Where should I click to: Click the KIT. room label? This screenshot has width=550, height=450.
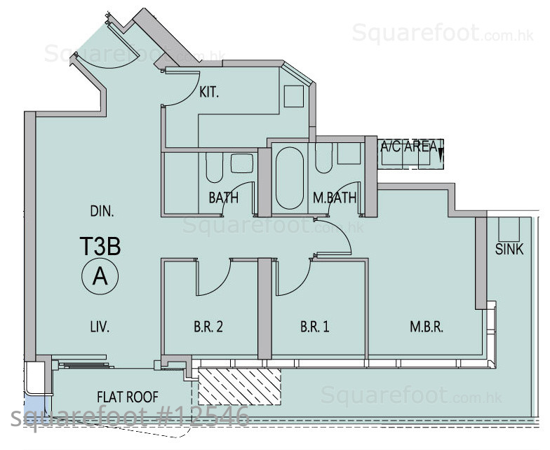click(x=209, y=93)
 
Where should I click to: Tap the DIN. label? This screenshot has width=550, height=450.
click(x=102, y=212)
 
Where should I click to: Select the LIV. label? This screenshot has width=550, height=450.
click(x=100, y=327)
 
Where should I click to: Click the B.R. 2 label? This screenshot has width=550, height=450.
click(x=208, y=327)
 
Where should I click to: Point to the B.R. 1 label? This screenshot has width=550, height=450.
click(x=314, y=327)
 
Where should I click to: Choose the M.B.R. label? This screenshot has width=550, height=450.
click(x=427, y=327)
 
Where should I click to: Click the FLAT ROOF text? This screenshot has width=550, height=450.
click(x=128, y=397)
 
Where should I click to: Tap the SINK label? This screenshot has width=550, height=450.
click(x=509, y=250)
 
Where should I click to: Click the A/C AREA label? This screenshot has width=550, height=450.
click(x=408, y=146)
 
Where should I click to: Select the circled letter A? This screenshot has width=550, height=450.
click(x=100, y=276)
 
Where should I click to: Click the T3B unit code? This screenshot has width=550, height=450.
click(x=100, y=246)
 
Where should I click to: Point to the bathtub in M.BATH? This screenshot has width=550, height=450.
click(x=289, y=178)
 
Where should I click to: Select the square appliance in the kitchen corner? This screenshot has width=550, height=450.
click(x=293, y=96)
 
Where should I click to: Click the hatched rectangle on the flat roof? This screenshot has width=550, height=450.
click(x=240, y=386)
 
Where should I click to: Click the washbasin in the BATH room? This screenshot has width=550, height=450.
click(x=242, y=163)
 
